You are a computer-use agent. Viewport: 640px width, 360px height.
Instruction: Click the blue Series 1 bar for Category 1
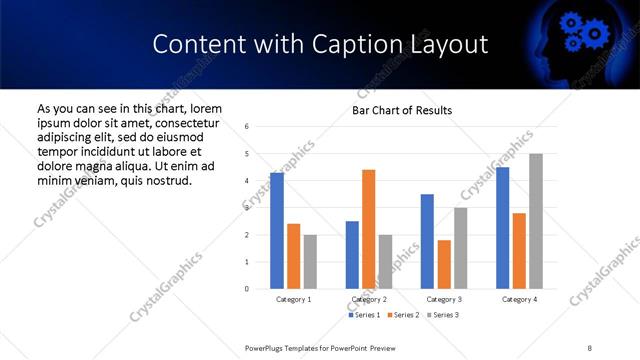click(276, 231)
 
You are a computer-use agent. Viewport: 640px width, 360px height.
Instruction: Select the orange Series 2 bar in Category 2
click(368, 229)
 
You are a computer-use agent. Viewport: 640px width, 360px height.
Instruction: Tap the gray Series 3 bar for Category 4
click(535, 221)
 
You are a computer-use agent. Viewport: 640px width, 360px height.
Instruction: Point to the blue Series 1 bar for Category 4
click(502, 228)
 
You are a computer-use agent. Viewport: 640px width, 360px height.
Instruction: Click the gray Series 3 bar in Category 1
click(310, 262)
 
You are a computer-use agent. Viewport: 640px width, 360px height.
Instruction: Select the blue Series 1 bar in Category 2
click(352, 255)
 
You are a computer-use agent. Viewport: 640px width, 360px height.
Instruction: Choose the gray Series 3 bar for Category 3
click(460, 248)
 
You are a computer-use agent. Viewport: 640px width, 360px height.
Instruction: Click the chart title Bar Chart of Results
click(402, 110)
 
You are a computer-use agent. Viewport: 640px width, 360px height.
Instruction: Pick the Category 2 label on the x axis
click(368, 299)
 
